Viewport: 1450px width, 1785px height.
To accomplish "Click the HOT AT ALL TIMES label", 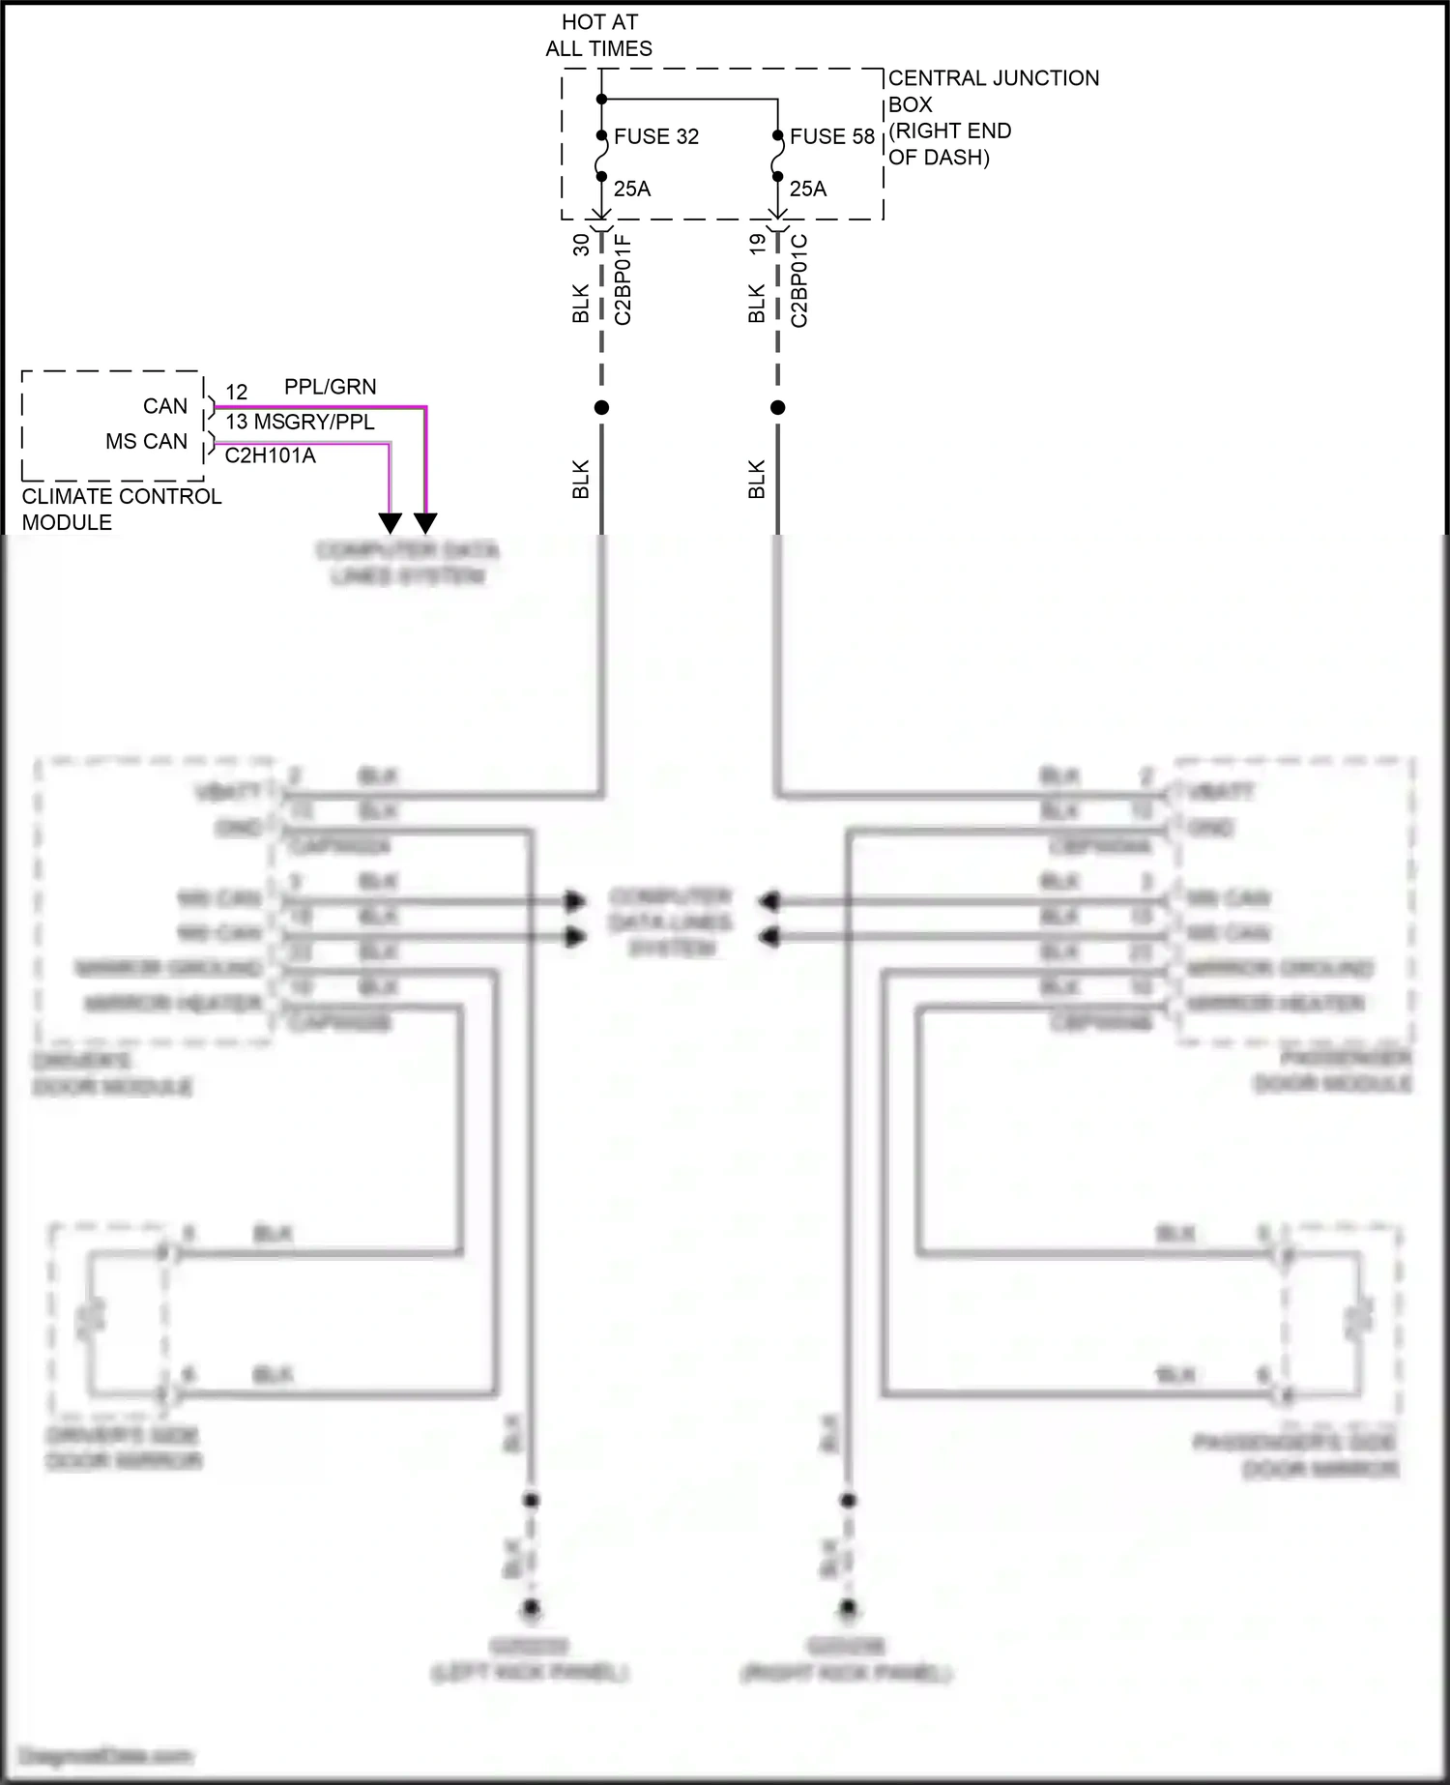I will coord(599,35).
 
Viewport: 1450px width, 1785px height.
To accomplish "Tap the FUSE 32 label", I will coord(655,136).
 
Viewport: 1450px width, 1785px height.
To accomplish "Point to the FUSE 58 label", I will coord(831,136).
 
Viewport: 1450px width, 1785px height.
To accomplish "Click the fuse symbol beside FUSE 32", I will coord(600,157).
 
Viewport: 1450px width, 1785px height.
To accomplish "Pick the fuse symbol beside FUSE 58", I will coord(777,157).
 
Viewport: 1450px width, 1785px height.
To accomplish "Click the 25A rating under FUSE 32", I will coord(632,189).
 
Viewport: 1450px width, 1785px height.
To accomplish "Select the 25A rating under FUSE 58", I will coord(808,189).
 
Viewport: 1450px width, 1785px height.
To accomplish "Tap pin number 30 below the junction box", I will coord(581,245).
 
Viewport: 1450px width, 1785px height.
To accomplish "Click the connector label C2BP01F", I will coord(623,278).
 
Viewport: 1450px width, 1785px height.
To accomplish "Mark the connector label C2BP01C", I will coord(798,280).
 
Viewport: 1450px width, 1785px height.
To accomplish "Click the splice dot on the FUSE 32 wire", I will coord(601,407).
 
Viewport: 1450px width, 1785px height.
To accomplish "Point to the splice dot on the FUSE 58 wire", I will coord(777,407).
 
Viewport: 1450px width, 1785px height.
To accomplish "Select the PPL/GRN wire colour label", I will coord(330,387).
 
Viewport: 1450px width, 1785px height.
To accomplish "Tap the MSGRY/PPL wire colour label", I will coord(313,422).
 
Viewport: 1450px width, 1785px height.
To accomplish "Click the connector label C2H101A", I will coord(270,455).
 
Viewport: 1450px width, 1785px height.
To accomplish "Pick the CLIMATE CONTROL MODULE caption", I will coord(121,509).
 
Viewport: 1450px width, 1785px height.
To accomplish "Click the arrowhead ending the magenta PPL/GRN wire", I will coord(425,523).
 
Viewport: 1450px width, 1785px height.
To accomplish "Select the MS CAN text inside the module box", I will coord(146,441).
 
